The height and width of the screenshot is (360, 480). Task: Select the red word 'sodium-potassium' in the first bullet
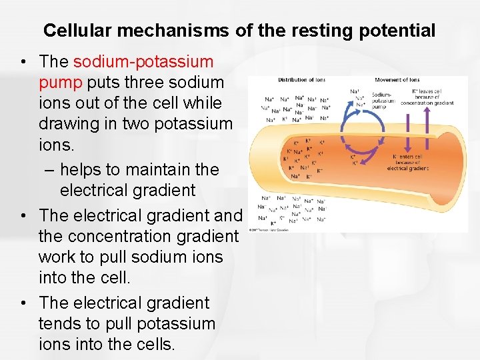click(x=143, y=62)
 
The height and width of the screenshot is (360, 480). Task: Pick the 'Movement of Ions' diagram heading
click(x=397, y=80)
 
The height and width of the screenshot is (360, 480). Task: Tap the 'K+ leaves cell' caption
click(x=433, y=97)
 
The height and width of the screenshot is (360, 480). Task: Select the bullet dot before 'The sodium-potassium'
click(x=23, y=63)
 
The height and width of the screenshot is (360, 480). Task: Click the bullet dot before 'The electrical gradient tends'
click(x=23, y=303)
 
